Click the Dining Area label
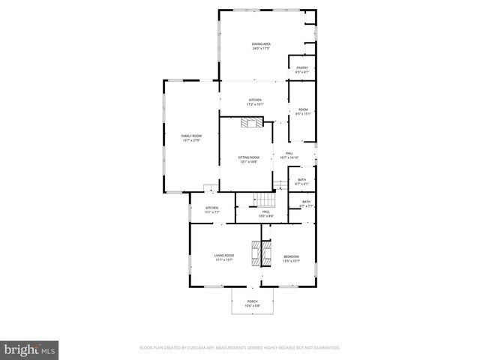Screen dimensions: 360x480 coord(261,44)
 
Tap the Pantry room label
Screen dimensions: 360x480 coord(301,68)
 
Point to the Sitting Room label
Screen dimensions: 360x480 coord(248,157)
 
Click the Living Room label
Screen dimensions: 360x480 coord(224,256)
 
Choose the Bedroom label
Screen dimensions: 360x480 coord(291,257)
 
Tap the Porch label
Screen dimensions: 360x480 coord(252,302)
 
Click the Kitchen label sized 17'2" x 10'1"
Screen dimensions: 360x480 coord(255,100)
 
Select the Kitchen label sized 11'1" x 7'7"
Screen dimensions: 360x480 coord(212,208)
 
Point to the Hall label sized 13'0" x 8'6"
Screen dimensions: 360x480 coord(265,212)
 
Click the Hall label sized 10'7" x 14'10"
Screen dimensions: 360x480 coord(289,153)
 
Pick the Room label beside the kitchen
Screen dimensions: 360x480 coord(303,109)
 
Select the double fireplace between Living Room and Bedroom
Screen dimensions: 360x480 coord(260,253)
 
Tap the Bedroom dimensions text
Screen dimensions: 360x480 coord(291,261)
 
